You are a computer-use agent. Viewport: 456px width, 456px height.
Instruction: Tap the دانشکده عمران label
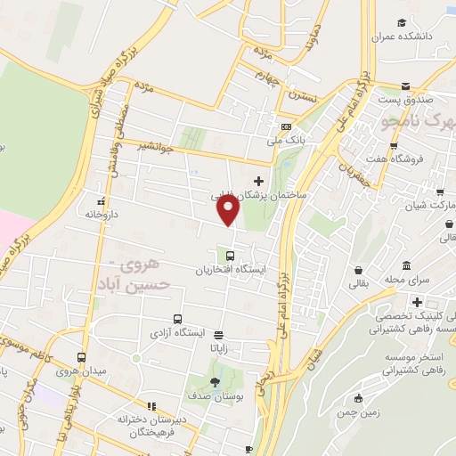[408, 36]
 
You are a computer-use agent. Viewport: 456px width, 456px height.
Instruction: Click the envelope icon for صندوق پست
[406, 87]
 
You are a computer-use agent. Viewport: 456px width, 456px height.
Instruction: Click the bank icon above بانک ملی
[285, 126]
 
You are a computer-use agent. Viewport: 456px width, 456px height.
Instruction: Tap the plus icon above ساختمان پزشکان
[259, 181]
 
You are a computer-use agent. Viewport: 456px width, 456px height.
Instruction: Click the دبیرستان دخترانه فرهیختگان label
[149, 425]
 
